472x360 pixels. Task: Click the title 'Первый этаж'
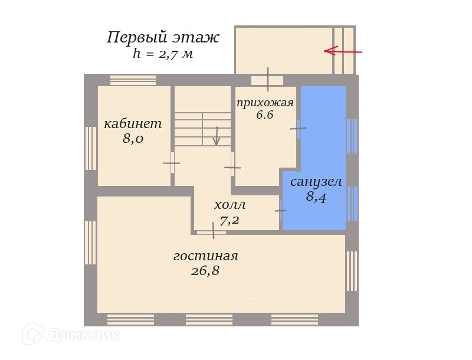(x=163, y=38)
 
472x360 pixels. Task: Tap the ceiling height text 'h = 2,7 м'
(x=163, y=54)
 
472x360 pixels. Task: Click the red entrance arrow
(x=343, y=51)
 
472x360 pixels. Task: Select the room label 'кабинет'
(x=133, y=124)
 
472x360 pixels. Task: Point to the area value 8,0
(x=133, y=139)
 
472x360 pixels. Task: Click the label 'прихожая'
(x=265, y=103)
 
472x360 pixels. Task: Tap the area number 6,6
(x=265, y=115)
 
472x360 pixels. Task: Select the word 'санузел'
(x=316, y=181)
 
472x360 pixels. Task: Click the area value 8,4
(x=316, y=197)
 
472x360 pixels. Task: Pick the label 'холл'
(x=230, y=205)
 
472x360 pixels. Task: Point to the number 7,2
(x=230, y=221)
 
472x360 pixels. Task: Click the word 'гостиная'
(x=206, y=256)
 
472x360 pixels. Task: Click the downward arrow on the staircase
(x=217, y=136)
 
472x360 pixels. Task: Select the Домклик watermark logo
(x=71, y=335)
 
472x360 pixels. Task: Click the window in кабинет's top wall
(x=133, y=80)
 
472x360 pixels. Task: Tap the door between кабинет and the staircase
(x=172, y=163)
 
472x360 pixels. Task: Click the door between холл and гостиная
(x=211, y=232)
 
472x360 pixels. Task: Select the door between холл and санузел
(x=280, y=210)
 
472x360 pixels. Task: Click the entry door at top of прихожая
(x=267, y=80)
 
